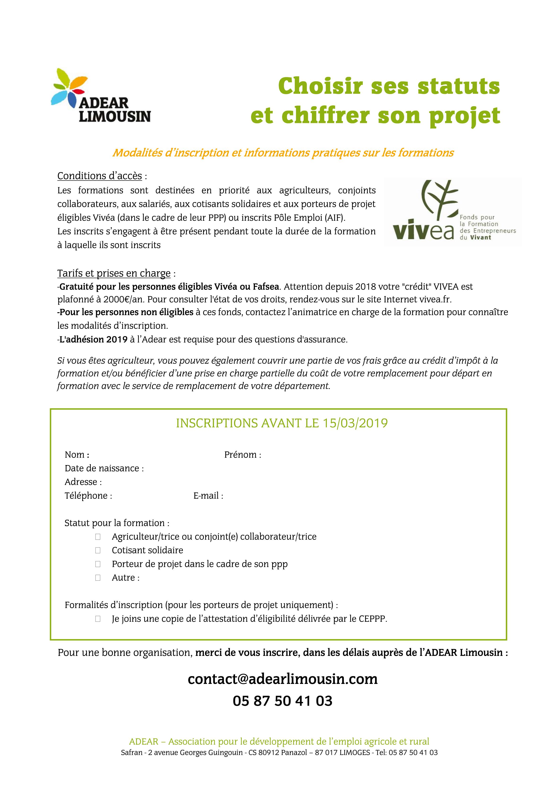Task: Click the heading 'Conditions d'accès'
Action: pyautogui.click(x=100, y=176)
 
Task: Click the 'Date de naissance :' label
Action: pyautogui.click(x=104, y=468)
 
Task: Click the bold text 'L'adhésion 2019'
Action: pyautogui.click(x=93, y=340)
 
